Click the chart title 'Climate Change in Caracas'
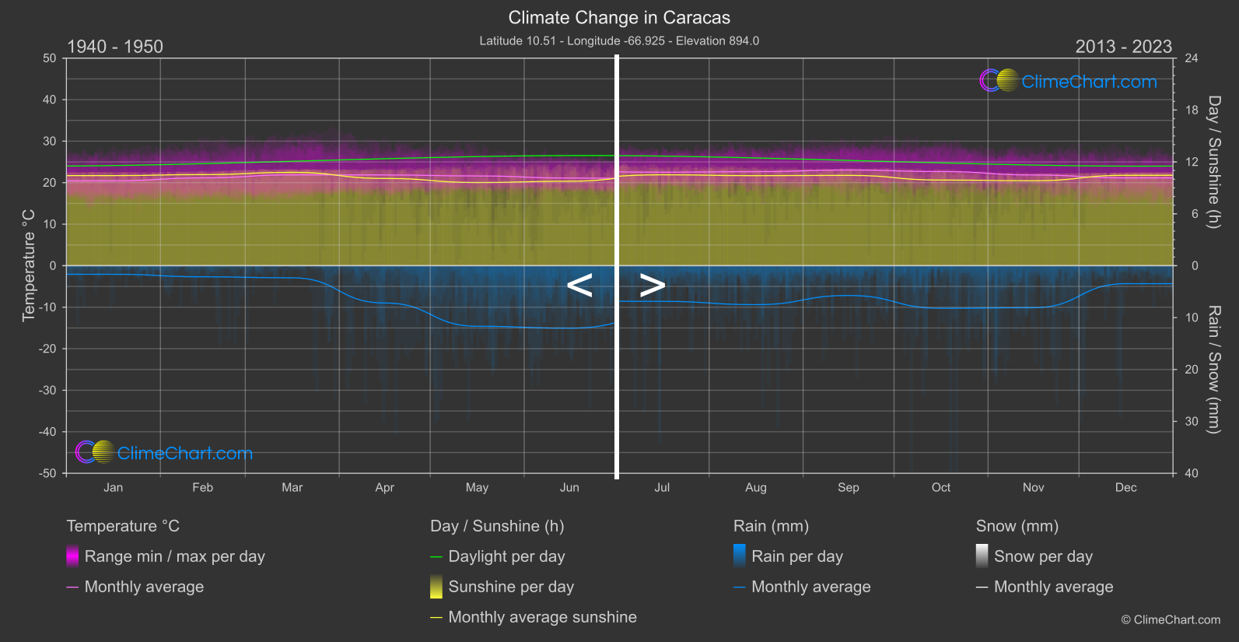619,17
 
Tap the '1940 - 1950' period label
115,47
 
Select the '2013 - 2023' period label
1123,47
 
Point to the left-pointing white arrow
579,286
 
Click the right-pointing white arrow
652,286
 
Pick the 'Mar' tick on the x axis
292,488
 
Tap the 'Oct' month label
940,488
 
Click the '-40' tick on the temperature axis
47,432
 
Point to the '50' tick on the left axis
50,58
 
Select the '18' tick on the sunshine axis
1192,111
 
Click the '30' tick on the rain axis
1192,422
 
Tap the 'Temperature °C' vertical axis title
29,265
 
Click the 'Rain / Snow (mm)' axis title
1213,370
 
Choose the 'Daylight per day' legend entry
506,556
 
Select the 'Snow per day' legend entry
1043,556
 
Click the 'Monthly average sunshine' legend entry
542,617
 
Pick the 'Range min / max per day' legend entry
174,556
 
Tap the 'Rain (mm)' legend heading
771,526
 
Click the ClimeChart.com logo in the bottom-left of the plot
164,453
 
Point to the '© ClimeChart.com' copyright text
1171,620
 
